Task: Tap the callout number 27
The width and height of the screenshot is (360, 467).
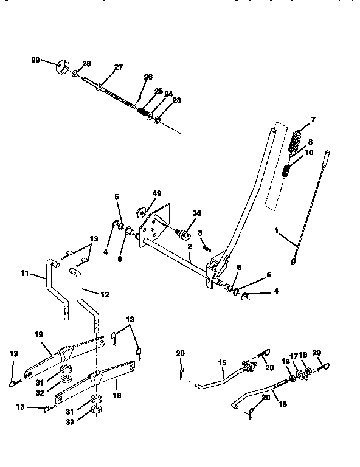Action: click(118, 68)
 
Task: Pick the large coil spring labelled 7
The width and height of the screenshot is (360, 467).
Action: click(296, 142)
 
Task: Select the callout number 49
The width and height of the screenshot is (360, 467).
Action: click(156, 193)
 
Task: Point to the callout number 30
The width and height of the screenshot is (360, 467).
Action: click(196, 214)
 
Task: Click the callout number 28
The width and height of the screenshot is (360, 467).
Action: click(86, 63)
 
